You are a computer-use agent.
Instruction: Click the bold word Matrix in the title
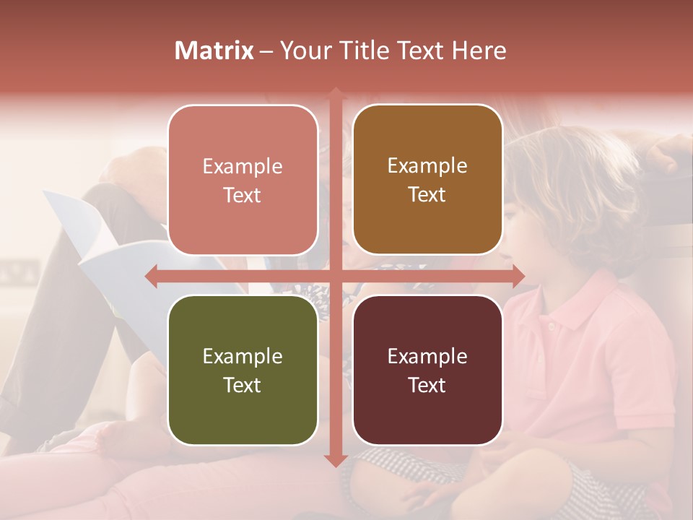pyautogui.click(x=214, y=51)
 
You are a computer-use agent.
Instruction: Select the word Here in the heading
pyautogui.click(x=480, y=51)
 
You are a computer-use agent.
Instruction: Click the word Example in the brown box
pyautogui.click(x=427, y=166)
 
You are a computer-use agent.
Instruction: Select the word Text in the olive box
pyautogui.click(x=243, y=385)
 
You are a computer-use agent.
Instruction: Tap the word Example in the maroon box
pyautogui.click(x=427, y=356)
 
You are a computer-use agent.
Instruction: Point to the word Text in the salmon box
pyautogui.click(x=243, y=195)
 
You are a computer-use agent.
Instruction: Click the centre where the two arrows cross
pyautogui.click(x=335, y=276)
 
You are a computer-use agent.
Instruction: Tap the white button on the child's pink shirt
pyautogui.click(x=552, y=326)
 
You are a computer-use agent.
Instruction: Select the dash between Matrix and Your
pyautogui.click(x=266, y=51)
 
